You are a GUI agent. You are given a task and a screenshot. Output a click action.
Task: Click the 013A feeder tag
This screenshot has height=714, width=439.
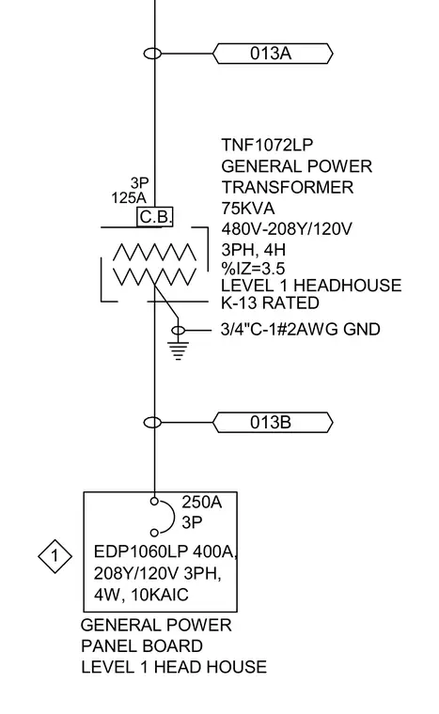point(273,54)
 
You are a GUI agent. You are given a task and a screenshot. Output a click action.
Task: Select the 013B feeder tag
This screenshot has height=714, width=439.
point(273,423)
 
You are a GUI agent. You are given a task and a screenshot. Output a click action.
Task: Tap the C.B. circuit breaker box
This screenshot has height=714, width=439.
point(155,217)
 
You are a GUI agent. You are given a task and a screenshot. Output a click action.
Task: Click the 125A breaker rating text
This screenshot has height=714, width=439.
point(129,198)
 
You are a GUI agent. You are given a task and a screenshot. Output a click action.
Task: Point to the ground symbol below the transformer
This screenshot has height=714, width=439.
point(179,349)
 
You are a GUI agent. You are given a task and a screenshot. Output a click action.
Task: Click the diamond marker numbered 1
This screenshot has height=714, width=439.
point(55,556)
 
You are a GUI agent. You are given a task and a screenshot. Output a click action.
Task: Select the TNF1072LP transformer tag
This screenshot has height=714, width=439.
point(267,145)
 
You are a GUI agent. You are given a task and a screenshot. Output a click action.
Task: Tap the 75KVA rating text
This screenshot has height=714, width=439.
point(248,209)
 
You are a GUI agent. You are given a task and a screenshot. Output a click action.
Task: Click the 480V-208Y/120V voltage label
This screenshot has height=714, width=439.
point(287,228)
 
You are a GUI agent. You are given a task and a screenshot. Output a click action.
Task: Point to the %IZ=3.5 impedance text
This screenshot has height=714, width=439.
point(253,268)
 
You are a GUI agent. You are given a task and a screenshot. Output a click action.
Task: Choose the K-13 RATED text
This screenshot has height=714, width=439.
point(270,303)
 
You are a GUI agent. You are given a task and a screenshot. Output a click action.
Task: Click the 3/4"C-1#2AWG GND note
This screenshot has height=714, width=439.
point(301,329)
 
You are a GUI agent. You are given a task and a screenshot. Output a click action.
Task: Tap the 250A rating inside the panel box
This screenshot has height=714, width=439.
point(201,502)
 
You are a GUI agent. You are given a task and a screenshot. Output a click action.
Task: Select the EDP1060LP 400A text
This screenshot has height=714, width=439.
point(165,551)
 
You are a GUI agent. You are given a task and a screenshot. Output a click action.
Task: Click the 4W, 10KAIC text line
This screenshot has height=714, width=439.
point(141,595)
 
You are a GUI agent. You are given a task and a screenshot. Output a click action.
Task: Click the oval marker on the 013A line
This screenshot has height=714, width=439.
point(152,54)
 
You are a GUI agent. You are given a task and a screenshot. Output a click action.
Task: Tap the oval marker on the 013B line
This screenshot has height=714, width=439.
point(152,423)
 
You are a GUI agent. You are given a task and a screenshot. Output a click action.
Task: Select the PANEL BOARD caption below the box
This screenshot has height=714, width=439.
point(142,645)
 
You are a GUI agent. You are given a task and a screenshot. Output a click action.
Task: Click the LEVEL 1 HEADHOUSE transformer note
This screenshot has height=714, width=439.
point(311,286)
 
